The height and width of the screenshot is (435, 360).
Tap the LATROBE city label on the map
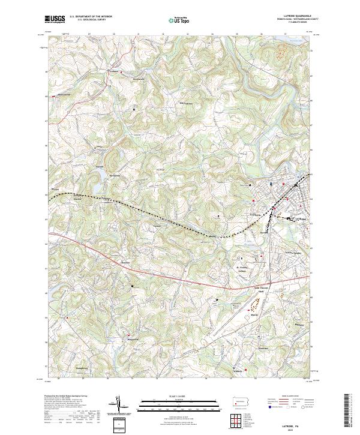click(301, 220)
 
